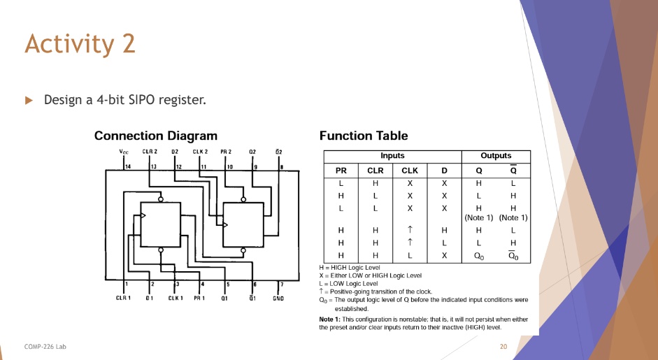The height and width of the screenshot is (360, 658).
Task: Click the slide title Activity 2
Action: pyautogui.click(x=80, y=43)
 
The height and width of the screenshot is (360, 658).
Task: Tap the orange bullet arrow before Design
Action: pyautogui.click(x=29, y=100)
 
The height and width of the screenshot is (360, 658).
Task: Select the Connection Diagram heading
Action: pyautogui.click(x=155, y=136)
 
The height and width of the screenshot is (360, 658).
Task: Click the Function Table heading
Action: pyautogui.click(x=363, y=136)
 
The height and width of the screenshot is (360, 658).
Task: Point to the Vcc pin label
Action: pyautogui.click(x=124, y=152)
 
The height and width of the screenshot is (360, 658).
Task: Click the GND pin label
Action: pyautogui.click(x=278, y=298)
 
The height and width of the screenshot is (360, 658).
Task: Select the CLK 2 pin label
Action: pyautogui.click(x=201, y=152)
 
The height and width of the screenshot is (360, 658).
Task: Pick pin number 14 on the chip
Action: pyautogui.click(x=128, y=166)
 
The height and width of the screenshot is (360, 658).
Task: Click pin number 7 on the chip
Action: pyautogui.click(x=281, y=284)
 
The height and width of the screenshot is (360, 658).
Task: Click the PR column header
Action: pyautogui.click(x=341, y=171)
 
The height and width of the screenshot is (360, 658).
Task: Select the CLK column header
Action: pyautogui.click(x=410, y=171)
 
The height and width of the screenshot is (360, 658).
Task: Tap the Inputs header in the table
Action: pyautogui.click(x=392, y=156)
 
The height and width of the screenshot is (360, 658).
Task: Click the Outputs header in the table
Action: pyautogui.click(x=496, y=156)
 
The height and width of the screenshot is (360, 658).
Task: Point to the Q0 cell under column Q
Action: pyautogui.click(x=478, y=256)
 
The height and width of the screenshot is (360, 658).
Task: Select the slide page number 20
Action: pyautogui.click(x=503, y=346)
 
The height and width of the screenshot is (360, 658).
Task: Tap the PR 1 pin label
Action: pyautogui.click(x=200, y=298)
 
